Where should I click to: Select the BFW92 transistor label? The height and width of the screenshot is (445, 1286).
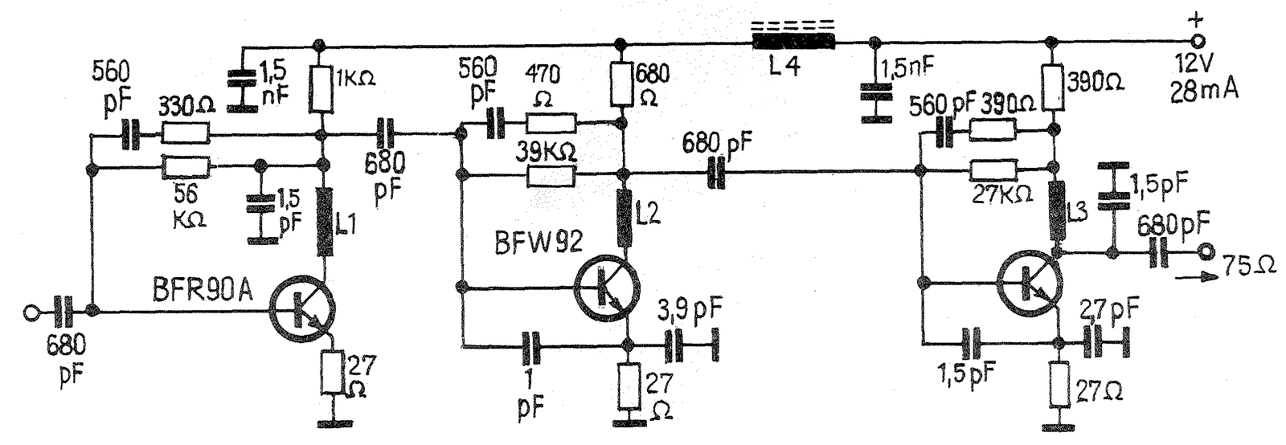(x=539, y=242)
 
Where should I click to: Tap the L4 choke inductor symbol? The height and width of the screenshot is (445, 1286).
(x=793, y=41)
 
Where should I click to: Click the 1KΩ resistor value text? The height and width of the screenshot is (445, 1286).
(x=356, y=78)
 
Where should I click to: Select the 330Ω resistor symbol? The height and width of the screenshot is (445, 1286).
(x=186, y=136)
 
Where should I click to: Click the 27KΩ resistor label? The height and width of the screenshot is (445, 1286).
(x=1002, y=194)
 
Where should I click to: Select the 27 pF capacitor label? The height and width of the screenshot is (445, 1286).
(x=1109, y=310)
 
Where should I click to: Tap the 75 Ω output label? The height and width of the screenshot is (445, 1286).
(x=1251, y=266)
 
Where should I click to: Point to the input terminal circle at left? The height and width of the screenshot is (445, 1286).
(x=31, y=312)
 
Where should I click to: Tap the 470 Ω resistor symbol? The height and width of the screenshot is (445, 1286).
(x=551, y=123)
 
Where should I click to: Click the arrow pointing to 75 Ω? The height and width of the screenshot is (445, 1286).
(x=1196, y=277)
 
